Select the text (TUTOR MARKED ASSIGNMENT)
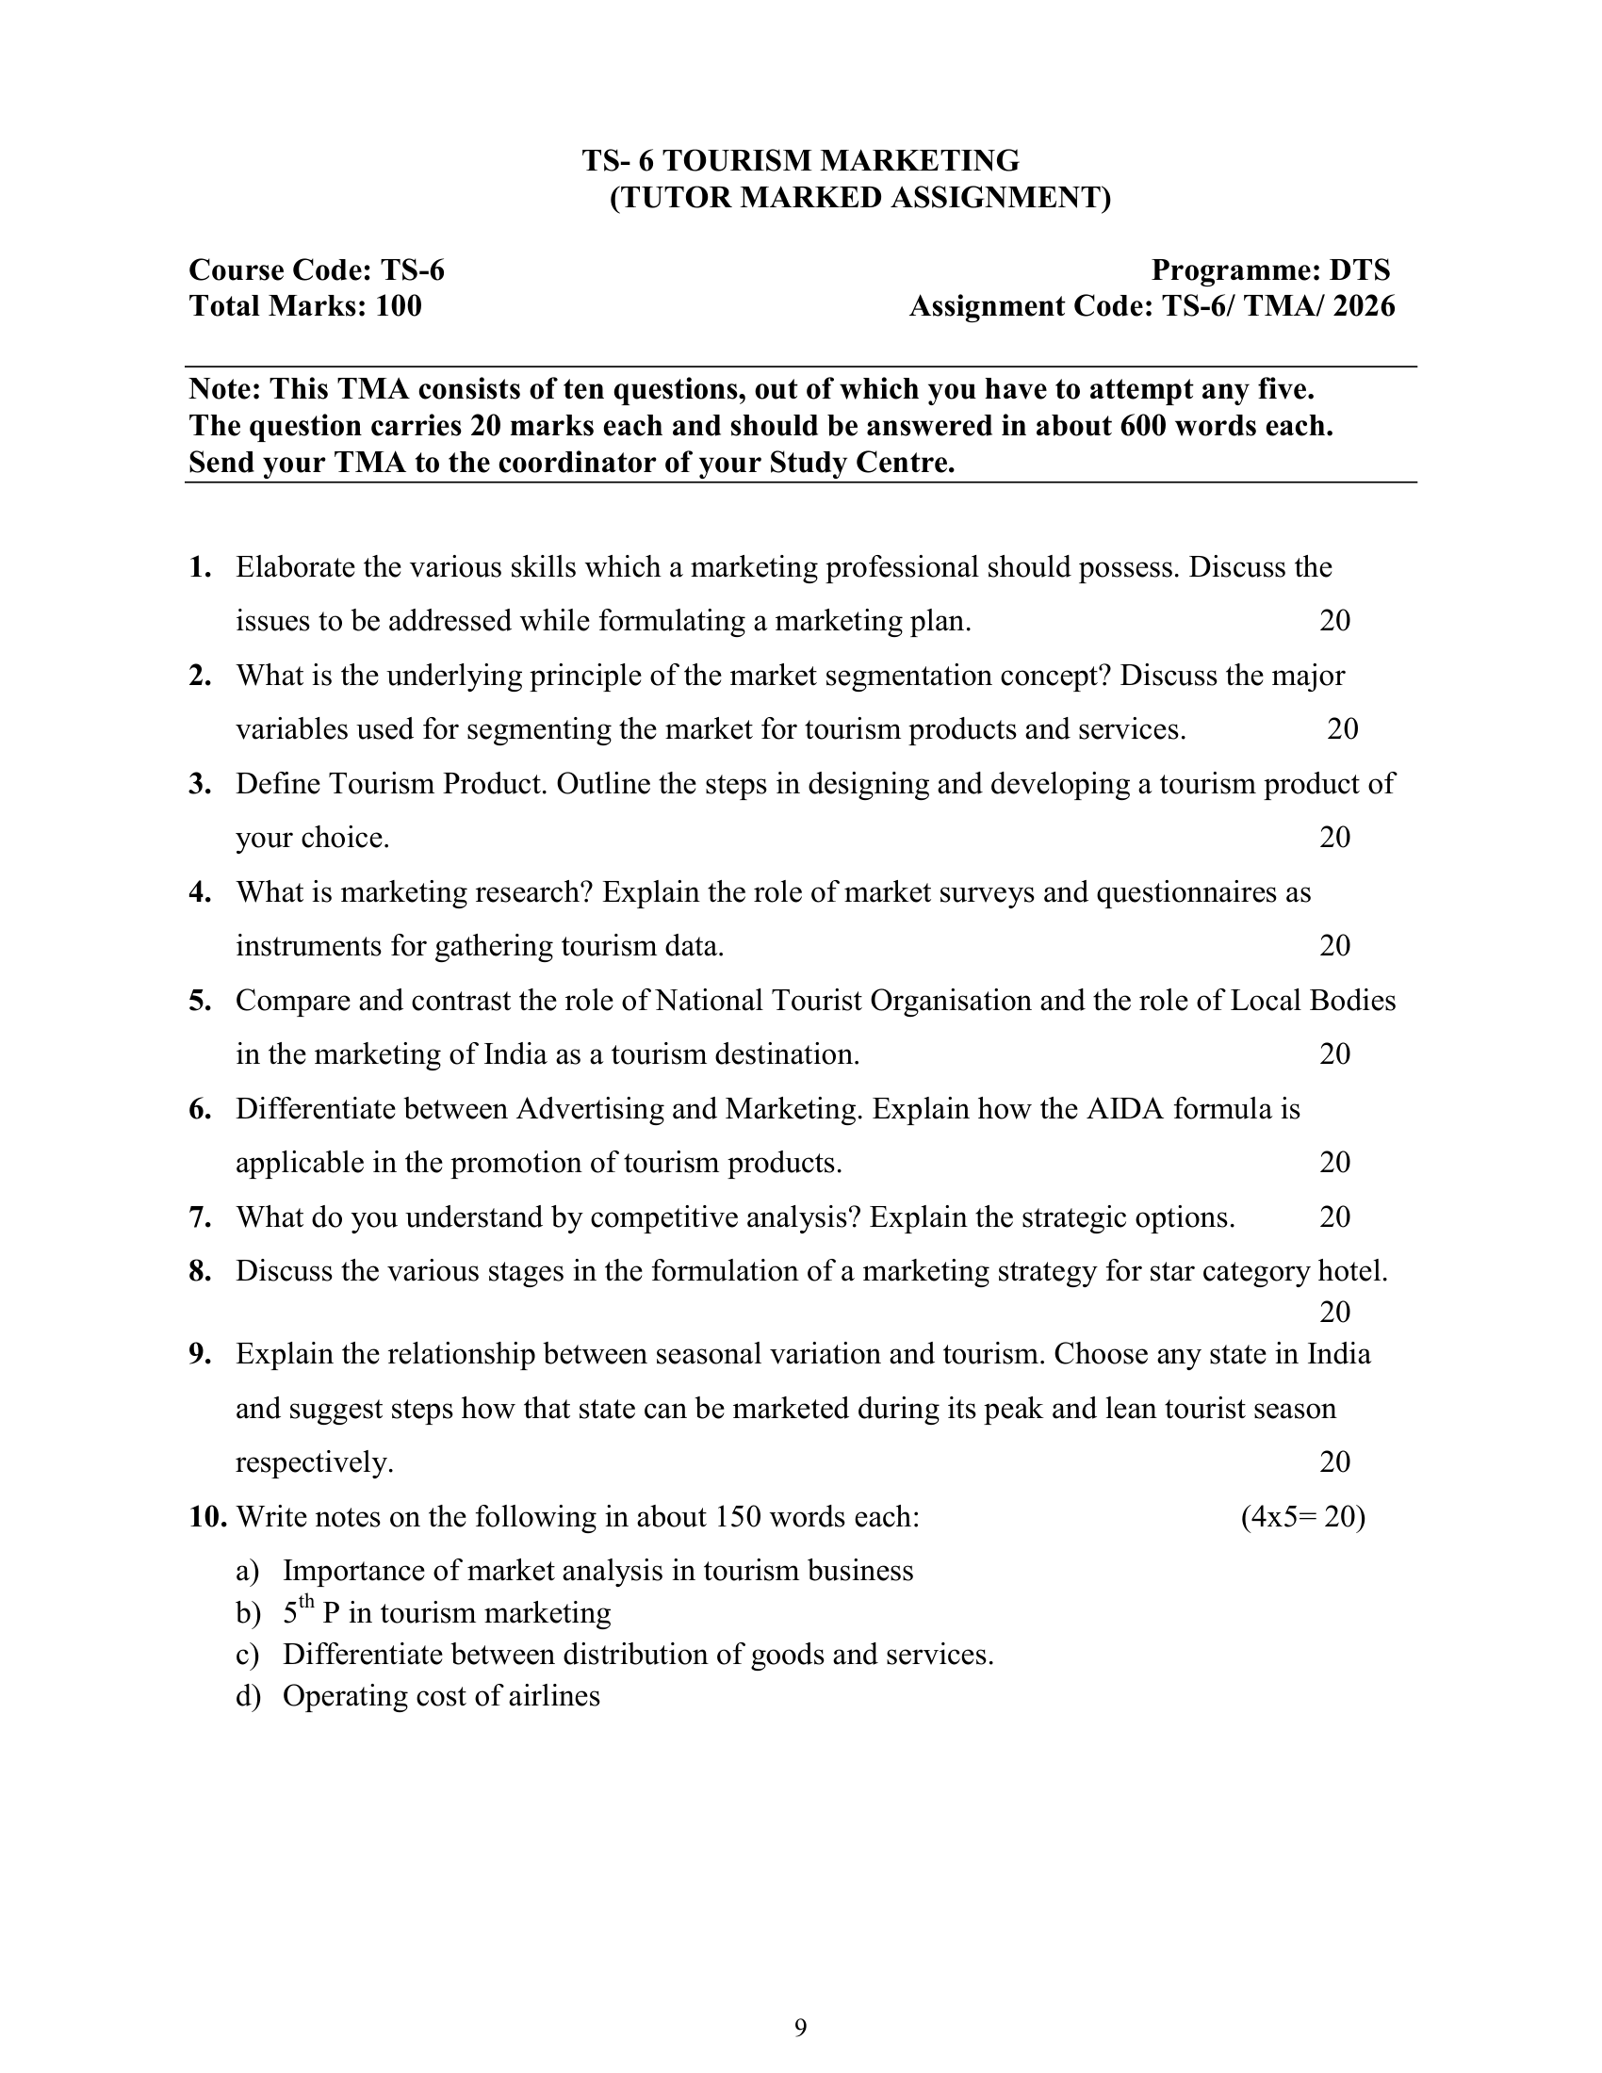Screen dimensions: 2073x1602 (858, 198)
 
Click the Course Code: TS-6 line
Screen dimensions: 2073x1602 (316, 270)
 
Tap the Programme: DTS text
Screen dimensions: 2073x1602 (1270, 270)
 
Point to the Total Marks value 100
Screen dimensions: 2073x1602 (399, 306)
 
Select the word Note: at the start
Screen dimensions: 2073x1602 (226, 389)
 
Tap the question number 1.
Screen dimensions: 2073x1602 (199, 567)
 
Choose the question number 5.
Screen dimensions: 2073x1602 (199, 1001)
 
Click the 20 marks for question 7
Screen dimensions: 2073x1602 (1334, 1216)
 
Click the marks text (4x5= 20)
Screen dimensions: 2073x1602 (1302, 1517)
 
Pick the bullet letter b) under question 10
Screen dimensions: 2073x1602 (247, 1613)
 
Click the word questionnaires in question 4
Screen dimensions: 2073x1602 (1189, 892)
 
